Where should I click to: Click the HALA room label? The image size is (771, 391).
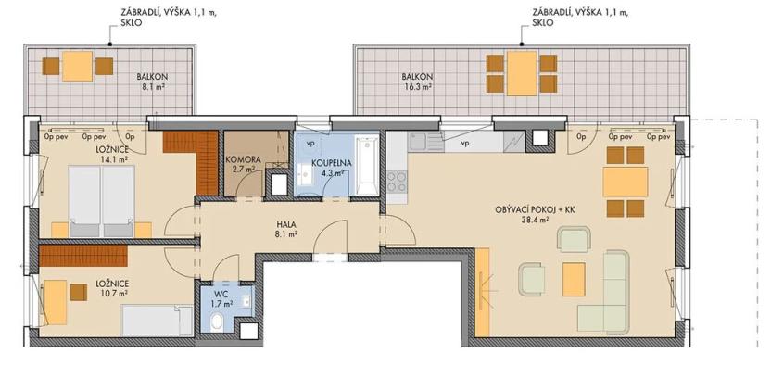click(x=286, y=224)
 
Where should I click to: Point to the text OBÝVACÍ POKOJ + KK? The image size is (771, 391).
click(x=537, y=209)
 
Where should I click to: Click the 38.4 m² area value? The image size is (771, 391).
click(x=536, y=221)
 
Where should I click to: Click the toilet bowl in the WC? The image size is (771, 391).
click(x=216, y=322)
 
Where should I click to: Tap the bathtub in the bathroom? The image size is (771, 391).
click(x=366, y=167)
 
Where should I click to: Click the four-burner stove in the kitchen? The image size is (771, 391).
click(x=397, y=182)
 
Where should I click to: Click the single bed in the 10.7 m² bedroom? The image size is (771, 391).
click(x=158, y=321)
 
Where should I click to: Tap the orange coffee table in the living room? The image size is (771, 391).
click(x=575, y=278)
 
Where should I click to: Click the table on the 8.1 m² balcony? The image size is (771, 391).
click(x=78, y=66)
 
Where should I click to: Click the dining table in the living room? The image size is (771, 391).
click(x=625, y=181)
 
